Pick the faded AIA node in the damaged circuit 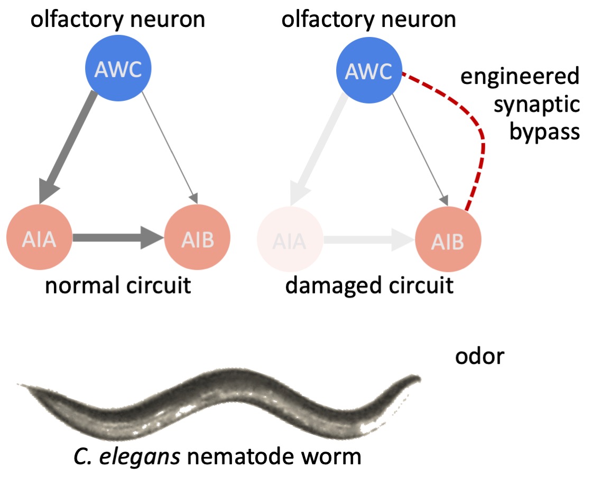pos(289,240)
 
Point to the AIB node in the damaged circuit pos(448,240)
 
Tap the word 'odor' pos(479,357)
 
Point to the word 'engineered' pos(520,77)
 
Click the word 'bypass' pos(544,132)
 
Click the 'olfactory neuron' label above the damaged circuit pos(369,20)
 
